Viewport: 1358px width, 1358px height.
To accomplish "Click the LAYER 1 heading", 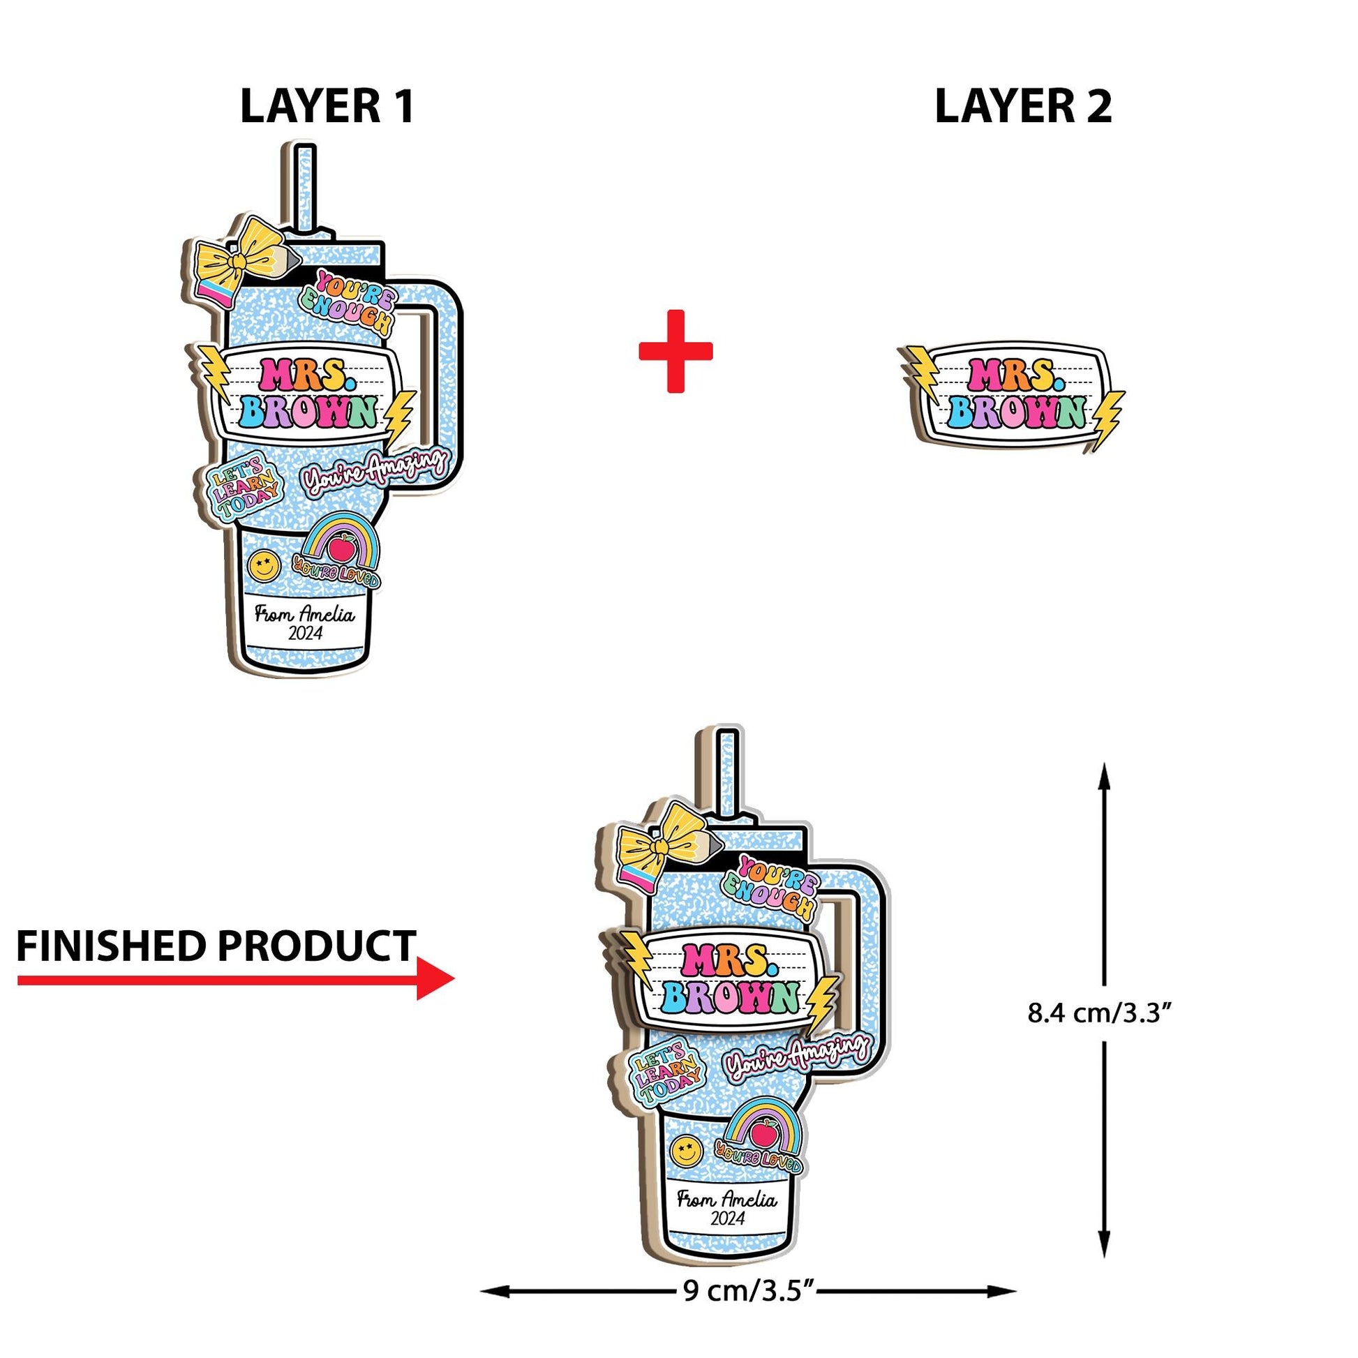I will pyautogui.click(x=327, y=107).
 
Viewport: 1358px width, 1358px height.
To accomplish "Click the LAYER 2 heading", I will pyautogui.click(x=1023, y=107).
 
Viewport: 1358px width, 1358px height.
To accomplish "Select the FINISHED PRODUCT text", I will pyautogui.click(x=216, y=946).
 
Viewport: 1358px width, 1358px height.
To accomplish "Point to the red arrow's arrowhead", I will pyautogui.click(x=435, y=979).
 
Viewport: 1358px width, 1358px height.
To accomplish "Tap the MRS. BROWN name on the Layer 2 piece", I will pyautogui.click(x=1013, y=394).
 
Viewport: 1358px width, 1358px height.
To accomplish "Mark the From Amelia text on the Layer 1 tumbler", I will pyautogui.click(x=304, y=615).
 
